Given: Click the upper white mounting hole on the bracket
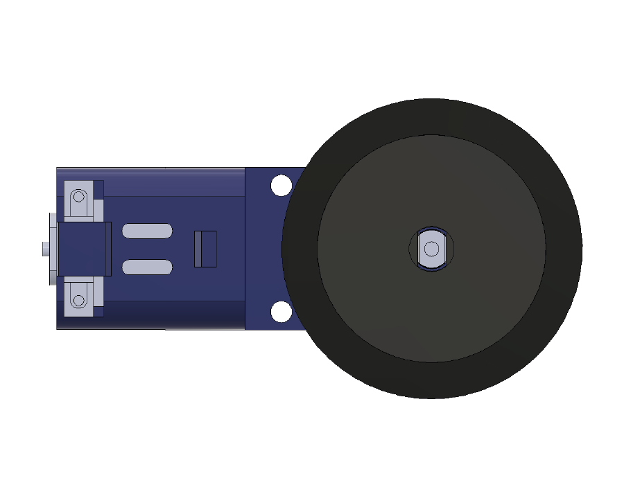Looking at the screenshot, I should [x=281, y=186].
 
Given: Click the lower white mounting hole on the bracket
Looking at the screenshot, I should [x=281, y=312].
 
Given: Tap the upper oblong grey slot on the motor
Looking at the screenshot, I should [x=147, y=231].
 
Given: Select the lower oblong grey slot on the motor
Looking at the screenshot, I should [x=147, y=267].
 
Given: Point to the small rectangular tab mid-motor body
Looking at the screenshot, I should [x=205, y=249].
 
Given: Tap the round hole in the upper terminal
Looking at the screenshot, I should [x=79, y=196].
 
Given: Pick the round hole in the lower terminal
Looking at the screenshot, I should [x=79, y=301].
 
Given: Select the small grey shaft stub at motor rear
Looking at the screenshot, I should [x=45, y=248].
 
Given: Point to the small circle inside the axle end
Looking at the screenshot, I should [x=431, y=248].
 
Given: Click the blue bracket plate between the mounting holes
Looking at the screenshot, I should [x=267, y=249].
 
